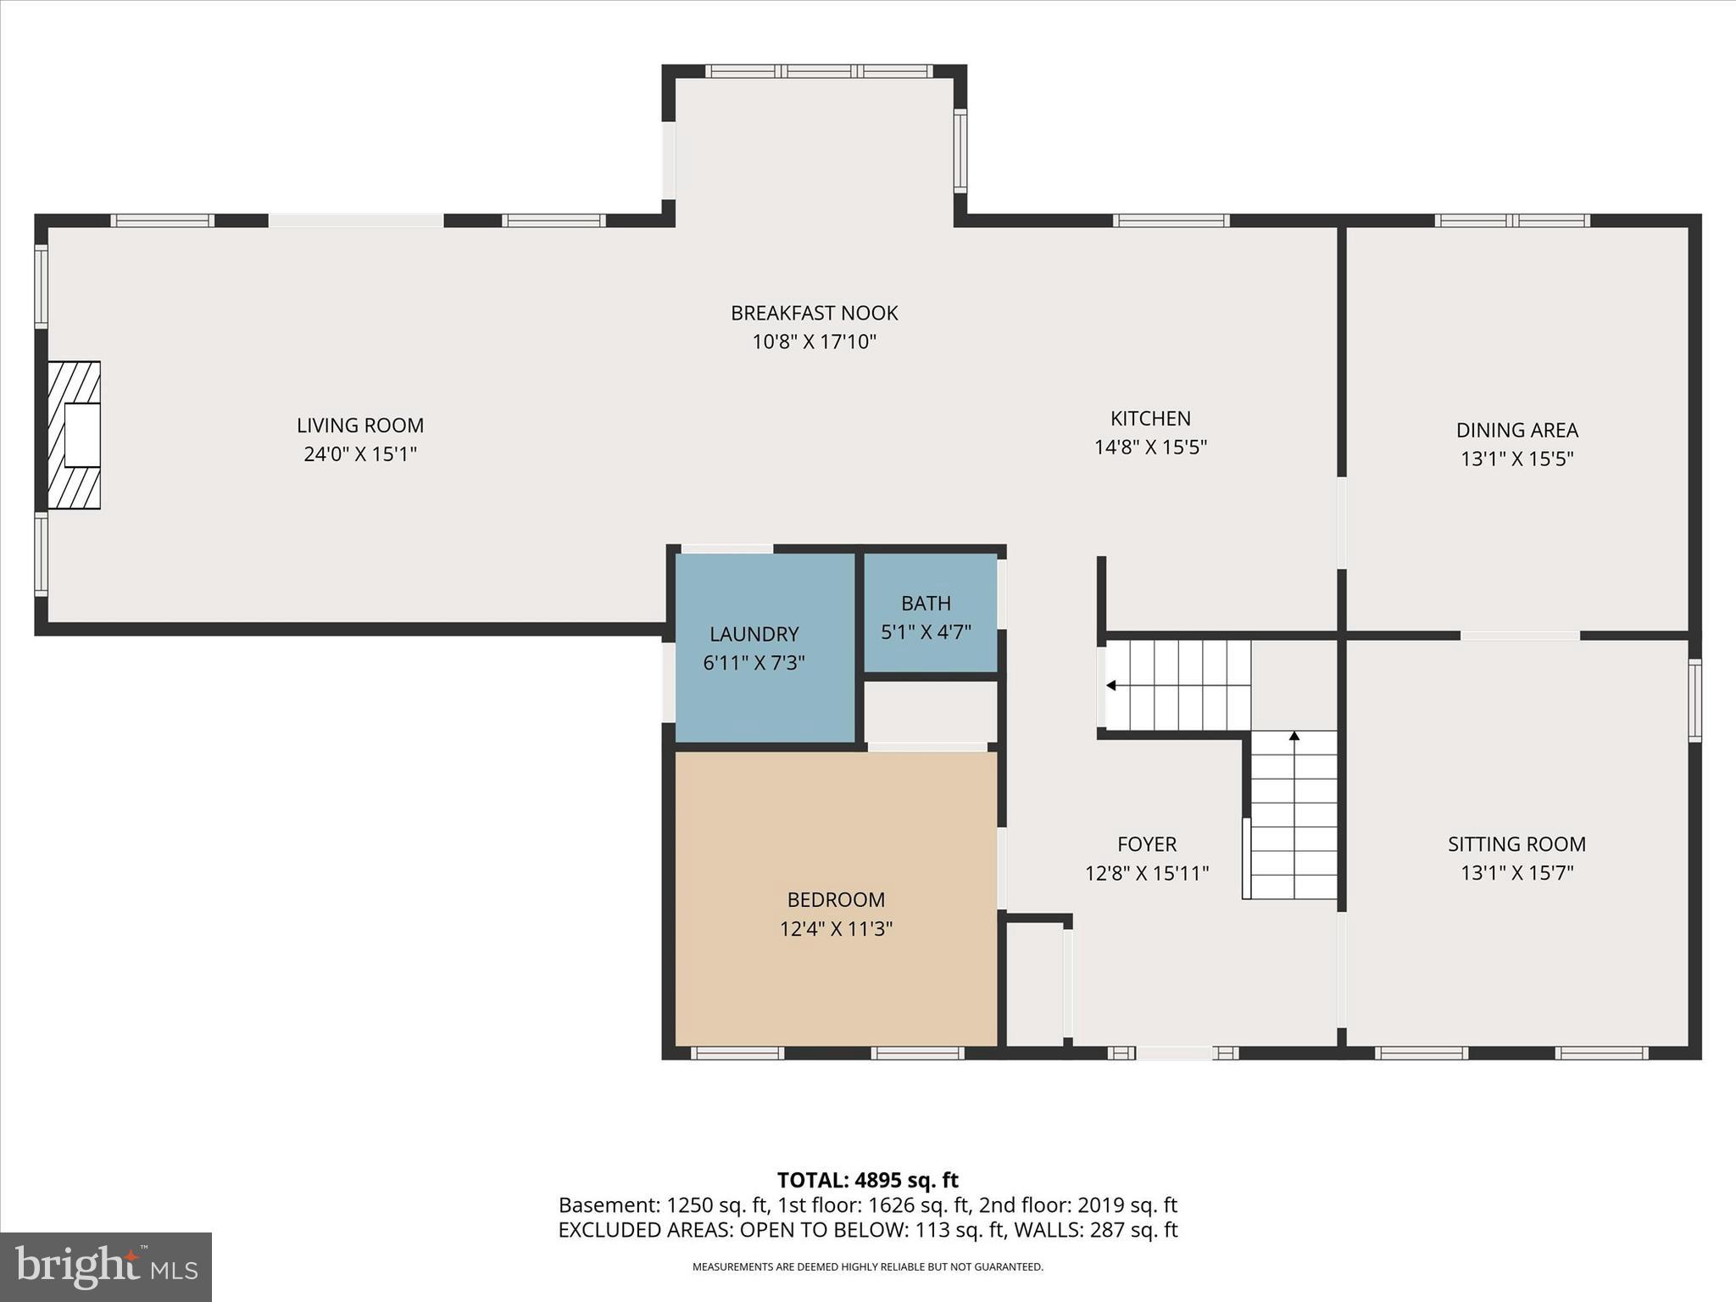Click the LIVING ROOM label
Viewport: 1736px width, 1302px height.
[360, 426]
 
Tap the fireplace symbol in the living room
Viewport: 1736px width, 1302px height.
[75, 435]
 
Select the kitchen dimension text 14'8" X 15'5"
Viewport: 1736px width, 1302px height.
[1150, 447]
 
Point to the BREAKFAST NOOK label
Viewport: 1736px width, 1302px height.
[814, 313]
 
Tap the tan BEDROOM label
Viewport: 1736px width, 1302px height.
[836, 899]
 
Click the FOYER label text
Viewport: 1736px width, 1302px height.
[1146, 844]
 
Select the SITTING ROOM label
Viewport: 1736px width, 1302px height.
[1516, 844]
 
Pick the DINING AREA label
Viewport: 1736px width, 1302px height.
[1516, 430]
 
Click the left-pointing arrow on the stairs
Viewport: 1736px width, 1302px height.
[1110, 686]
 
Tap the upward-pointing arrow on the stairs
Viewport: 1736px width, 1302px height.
[1294, 737]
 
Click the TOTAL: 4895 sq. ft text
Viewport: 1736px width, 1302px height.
[867, 1180]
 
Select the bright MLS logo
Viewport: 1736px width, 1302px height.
[106, 1266]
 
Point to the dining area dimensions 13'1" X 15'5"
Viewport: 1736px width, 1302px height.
[1516, 459]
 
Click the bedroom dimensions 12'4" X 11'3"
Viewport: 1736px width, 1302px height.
[836, 929]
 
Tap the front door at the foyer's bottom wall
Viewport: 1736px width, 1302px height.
[1174, 1054]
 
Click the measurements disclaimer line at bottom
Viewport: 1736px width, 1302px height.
[867, 1267]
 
